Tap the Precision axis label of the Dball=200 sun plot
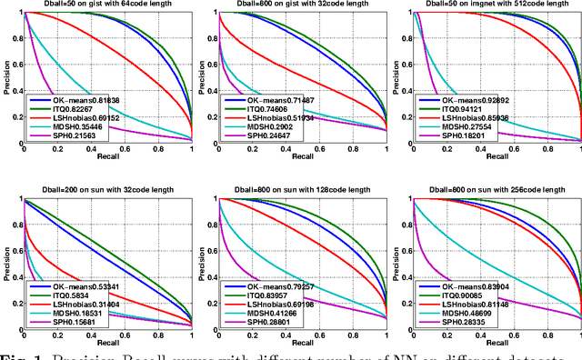tap(7, 264)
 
